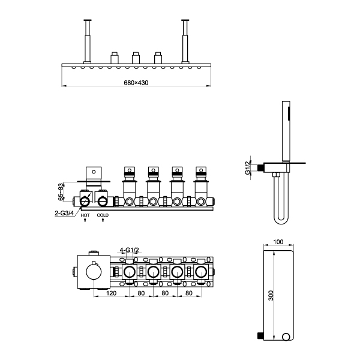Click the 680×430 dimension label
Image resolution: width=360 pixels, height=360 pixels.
point(136,83)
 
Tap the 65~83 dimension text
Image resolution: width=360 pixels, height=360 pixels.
point(61,192)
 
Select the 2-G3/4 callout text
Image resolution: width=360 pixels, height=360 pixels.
point(64,213)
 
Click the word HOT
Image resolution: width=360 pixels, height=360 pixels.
point(85,215)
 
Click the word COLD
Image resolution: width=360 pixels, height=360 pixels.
point(103,215)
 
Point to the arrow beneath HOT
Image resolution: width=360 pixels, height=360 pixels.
point(85,220)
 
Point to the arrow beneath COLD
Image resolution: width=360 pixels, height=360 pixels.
point(103,220)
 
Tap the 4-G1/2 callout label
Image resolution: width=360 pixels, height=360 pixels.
point(130,250)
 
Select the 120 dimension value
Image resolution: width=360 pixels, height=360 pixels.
point(112,293)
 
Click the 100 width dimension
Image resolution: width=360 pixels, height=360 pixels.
point(278,242)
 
